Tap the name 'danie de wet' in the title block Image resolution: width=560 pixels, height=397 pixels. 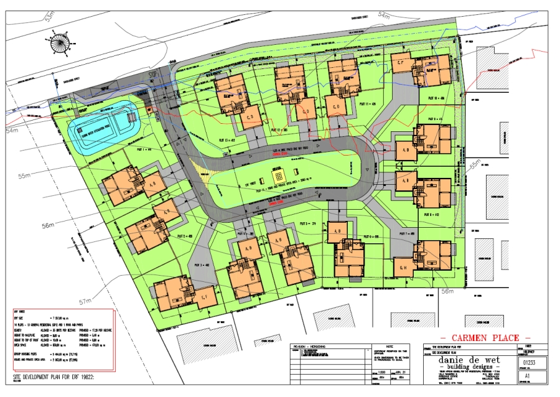click(x=460, y=360)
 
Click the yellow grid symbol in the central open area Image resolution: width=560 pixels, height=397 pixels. click(x=278, y=173)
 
